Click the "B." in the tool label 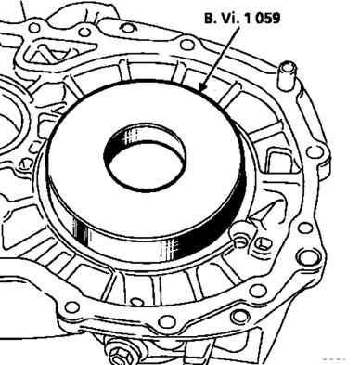210,19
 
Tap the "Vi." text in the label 229,18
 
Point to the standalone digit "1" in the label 248,18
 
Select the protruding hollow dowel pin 287,75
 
